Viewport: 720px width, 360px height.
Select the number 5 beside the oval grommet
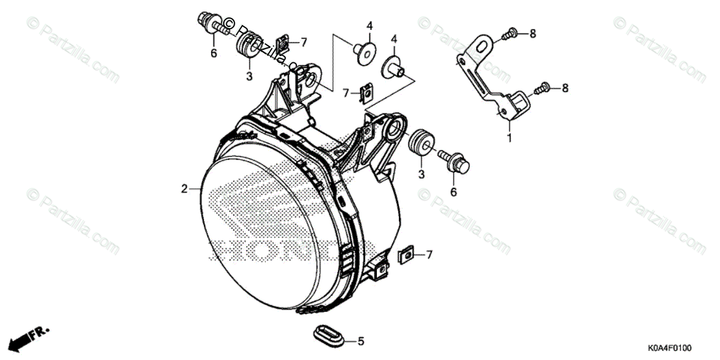[361, 342]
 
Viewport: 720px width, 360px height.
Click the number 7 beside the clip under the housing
[429, 255]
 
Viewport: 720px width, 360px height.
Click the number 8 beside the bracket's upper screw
[532, 34]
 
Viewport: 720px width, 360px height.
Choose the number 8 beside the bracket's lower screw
[564, 88]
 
